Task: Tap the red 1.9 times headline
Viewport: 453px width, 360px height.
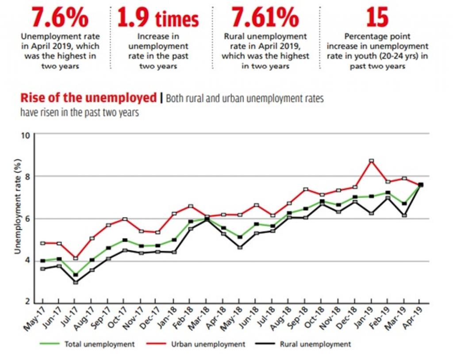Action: tap(158, 18)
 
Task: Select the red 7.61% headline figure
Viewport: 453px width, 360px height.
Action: tap(265, 18)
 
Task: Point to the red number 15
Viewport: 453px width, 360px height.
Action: tap(377, 18)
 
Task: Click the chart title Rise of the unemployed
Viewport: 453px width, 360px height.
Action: tap(88, 98)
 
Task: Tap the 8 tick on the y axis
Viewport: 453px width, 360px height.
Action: tap(27, 176)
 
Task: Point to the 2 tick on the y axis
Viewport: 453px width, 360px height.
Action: tap(27, 302)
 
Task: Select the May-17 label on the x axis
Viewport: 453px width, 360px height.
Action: tap(35, 319)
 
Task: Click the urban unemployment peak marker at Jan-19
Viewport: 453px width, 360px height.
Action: tap(372, 161)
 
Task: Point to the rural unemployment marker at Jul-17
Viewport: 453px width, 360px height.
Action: tap(76, 282)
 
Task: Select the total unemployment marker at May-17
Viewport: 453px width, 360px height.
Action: tap(43, 261)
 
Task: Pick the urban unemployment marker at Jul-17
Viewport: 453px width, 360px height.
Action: tap(76, 258)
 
